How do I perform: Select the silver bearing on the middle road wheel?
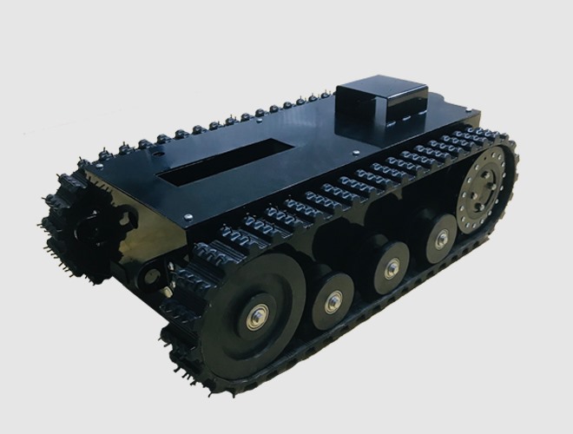[x=391, y=268]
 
